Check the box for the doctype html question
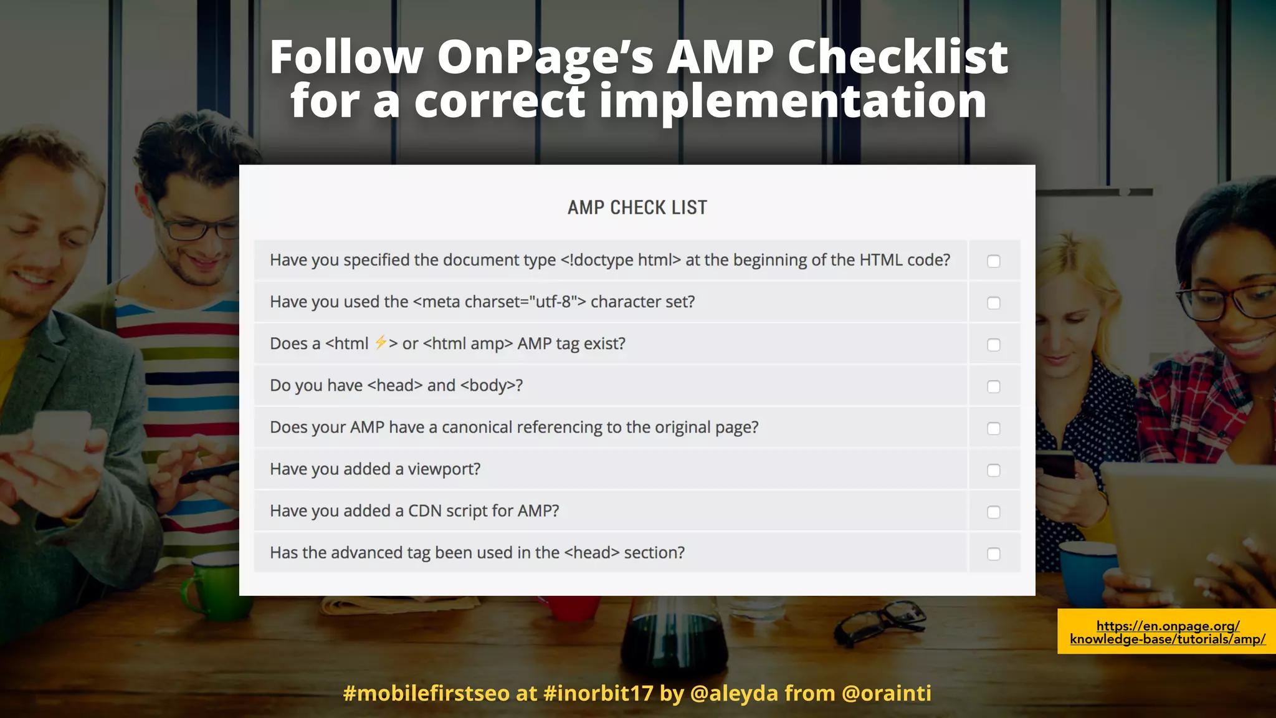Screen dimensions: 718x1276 [x=994, y=261]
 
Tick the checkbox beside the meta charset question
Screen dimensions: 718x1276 [x=994, y=303]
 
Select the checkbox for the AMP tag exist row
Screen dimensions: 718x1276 [x=994, y=345]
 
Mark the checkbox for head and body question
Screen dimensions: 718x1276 [x=994, y=386]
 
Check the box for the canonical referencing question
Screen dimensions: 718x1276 [x=994, y=428]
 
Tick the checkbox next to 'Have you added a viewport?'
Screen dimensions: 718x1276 [x=994, y=470]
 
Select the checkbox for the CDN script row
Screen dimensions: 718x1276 [x=994, y=512]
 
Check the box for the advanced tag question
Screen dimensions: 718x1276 [x=994, y=553]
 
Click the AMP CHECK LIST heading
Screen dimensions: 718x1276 [x=637, y=208]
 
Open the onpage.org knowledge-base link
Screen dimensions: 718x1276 [x=1168, y=632]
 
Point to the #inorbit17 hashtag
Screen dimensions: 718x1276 [x=598, y=693]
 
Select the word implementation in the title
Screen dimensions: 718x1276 [x=793, y=101]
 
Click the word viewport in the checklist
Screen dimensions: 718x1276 [x=444, y=469]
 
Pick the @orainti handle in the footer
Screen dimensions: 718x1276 [x=886, y=693]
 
